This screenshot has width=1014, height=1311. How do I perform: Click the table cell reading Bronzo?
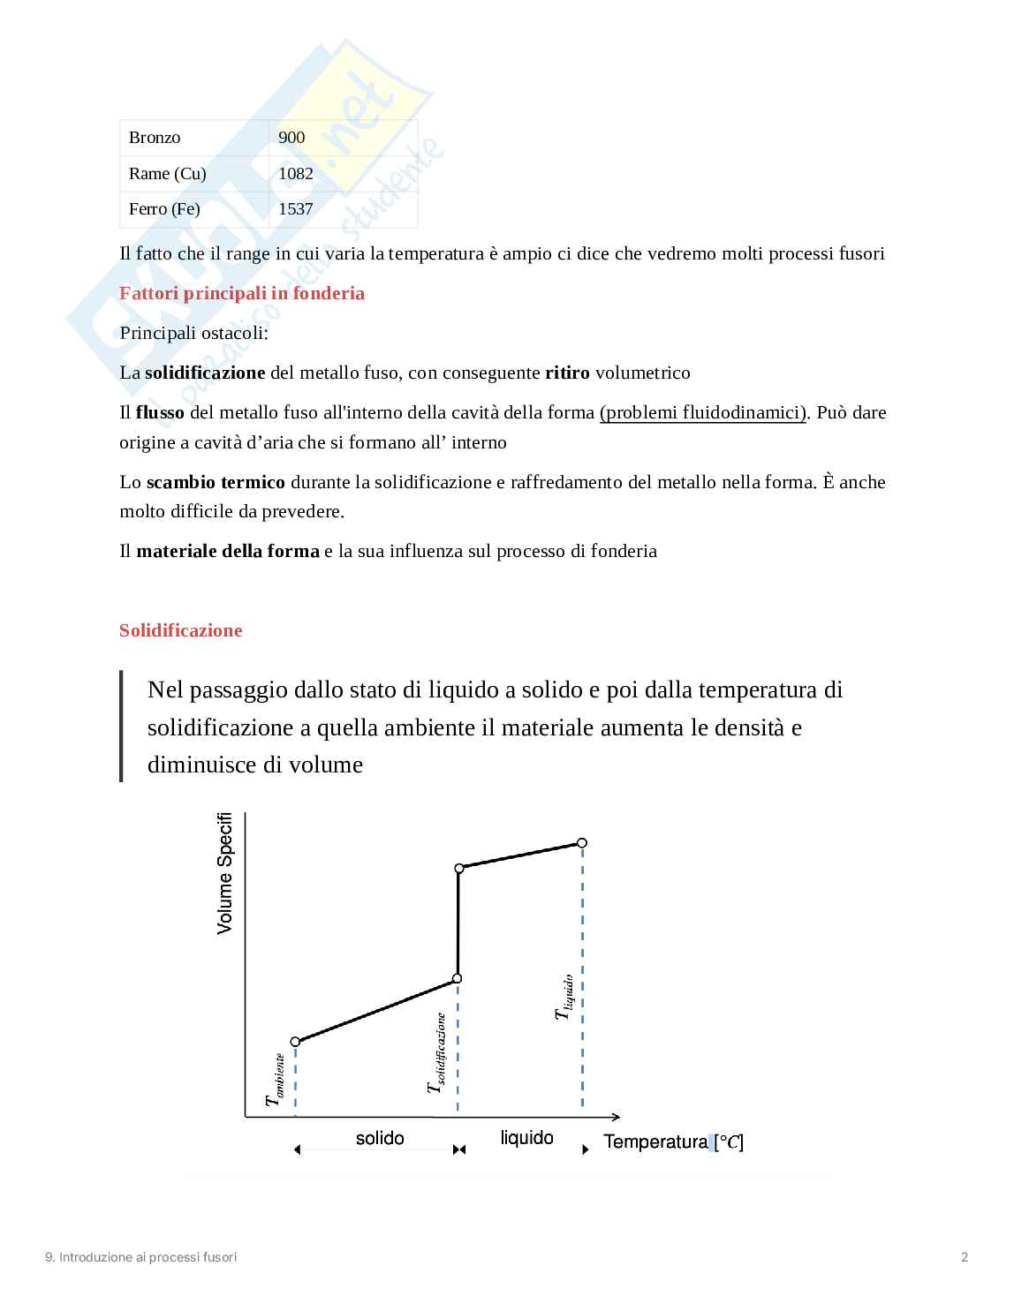pyautogui.click(x=155, y=138)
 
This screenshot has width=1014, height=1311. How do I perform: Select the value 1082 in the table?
pyautogui.click(x=296, y=174)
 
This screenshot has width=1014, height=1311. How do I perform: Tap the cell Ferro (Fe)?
pyautogui.click(x=164, y=209)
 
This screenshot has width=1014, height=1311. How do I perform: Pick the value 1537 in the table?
pyautogui.click(x=296, y=209)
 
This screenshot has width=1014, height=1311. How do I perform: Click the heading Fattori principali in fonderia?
pyautogui.click(x=242, y=293)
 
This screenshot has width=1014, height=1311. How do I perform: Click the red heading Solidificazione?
pyautogui.click(x=180, y=630)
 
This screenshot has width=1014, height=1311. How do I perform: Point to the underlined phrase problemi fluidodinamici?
pyautogui.click(x=703, y=412)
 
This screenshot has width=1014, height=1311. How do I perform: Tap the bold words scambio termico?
pyautogui.click(x=216, y=482)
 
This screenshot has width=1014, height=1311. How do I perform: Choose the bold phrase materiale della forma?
pyautogui.click(x=228, y=551)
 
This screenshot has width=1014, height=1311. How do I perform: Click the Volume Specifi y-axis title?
pyautogui.click(x=225, y=873)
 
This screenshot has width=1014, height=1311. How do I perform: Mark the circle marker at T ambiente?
pyautogui.click(x=296, y=1042)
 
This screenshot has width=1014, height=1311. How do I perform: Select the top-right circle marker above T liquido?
pyautogui.click(x=582, y=842)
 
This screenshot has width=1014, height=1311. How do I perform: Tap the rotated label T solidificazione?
pyautogui.click(x=435, y=1053)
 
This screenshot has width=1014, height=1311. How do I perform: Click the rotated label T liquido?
pyautogui.click(x=564, y=997)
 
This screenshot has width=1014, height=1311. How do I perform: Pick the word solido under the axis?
pyautogui.click(x=380, y=1139)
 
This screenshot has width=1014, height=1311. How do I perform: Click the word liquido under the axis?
pyautogui.click(x=527, y=1138)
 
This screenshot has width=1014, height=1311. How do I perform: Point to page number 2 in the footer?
pyautogui.click(x=965, y=1257)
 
